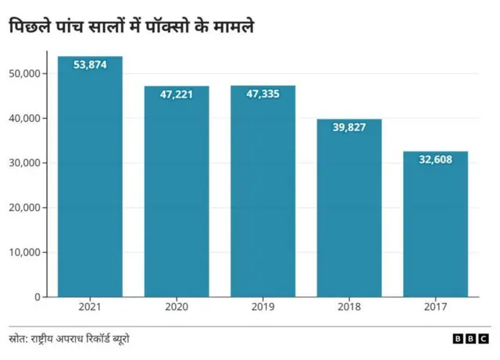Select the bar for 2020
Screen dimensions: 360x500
[x=176, y=195]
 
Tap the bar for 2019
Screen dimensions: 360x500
[x=262, y=195]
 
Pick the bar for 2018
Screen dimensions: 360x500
[x=349, y=211]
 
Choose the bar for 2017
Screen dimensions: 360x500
[x=435, y=226]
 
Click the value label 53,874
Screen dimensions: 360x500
[x=90, y=65]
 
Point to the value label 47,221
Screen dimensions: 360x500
[x=176, y=94]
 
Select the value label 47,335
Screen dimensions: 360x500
[x=262, y=94]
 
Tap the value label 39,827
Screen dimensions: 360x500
[x=349, y=127]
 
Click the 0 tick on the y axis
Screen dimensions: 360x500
[x=36, y=297]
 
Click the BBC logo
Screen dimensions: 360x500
[x=470, y=340]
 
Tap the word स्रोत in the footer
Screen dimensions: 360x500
[x=18, y=339]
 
